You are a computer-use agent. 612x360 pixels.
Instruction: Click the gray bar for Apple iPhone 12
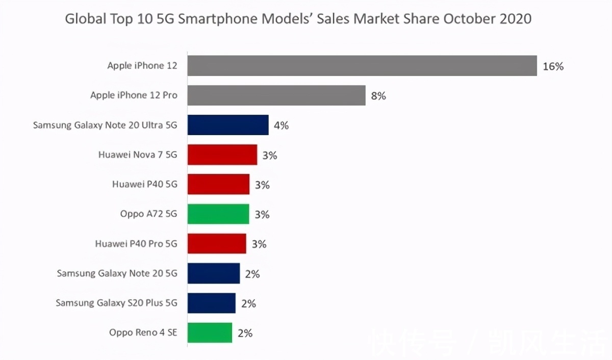[362, 66]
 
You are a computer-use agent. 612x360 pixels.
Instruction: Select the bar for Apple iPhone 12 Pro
[276, 95]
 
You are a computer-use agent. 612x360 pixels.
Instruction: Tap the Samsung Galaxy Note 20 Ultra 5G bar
[228, 125]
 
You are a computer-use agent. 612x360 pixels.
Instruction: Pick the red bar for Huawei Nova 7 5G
[222, 155]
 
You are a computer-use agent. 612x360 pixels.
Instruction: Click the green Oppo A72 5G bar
[218, 214]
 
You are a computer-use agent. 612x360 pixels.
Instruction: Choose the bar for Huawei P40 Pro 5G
[217, 243]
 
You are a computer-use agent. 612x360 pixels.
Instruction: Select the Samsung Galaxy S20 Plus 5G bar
[212, 303]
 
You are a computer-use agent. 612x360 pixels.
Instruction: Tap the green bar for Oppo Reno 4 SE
[210, 332]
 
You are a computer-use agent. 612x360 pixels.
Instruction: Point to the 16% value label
[553, 66]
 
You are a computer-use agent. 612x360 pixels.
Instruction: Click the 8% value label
[378, 96]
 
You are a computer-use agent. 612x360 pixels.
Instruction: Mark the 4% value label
[281, 125]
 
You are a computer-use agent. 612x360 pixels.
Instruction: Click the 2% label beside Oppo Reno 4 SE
[245, 333]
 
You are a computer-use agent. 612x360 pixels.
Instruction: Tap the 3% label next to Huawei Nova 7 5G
[270, 156]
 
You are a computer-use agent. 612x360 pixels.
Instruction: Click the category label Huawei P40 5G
[145, 185]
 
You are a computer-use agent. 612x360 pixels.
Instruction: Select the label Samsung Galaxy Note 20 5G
[117, 273]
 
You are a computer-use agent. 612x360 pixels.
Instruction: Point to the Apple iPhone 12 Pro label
[134, 95]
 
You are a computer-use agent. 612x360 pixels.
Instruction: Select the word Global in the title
[86, 19]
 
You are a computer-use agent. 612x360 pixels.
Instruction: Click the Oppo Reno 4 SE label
[143, 332]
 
